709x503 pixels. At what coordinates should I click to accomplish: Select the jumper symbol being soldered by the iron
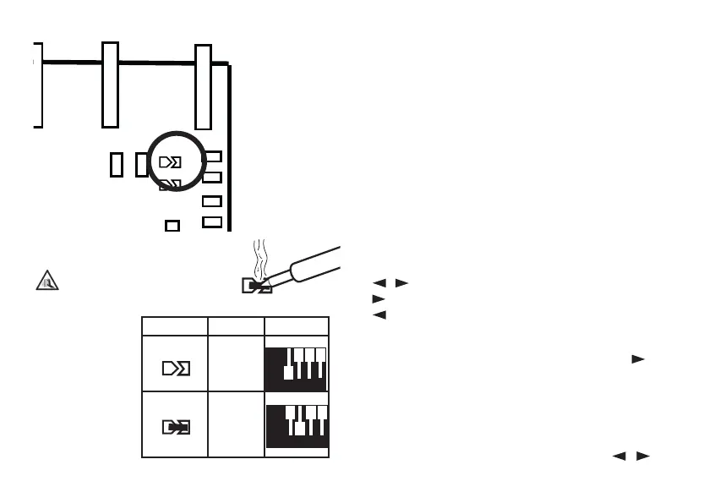(x=255, y=287)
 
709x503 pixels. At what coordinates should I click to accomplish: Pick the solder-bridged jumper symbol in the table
(x=175, y=428)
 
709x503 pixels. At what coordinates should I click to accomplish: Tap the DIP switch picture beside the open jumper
(x=297, y=369)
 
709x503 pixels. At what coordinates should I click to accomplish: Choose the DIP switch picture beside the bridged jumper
(x=297, y=426)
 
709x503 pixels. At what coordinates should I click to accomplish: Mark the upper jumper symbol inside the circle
(x=171, y=161)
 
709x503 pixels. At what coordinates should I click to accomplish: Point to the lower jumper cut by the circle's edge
(x=171, y=183)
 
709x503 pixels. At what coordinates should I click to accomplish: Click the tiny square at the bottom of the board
(x=172, y=226)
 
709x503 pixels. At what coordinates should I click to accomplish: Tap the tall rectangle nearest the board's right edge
(x=203, y=87)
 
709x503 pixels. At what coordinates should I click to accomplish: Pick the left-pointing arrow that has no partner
(x=379, y=315)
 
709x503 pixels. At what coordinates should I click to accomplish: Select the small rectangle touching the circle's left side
(x=141, y=164)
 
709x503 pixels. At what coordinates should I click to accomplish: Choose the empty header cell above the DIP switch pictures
(x=297, y=326)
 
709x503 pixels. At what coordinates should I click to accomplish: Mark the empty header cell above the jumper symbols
(x=175, y=326)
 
